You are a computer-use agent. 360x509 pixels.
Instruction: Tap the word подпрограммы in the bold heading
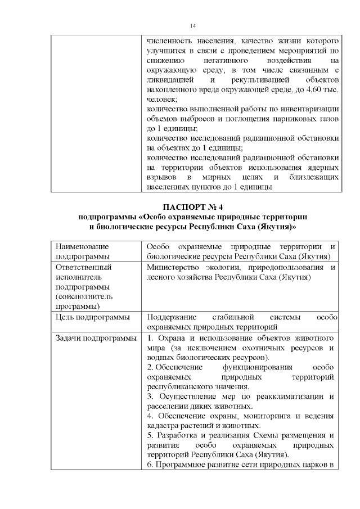[109, 217]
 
